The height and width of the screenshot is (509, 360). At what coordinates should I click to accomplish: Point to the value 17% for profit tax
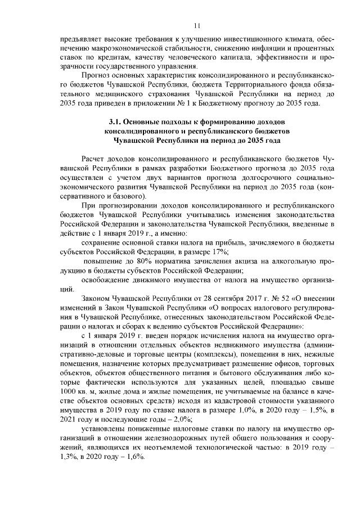coord(218,251)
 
